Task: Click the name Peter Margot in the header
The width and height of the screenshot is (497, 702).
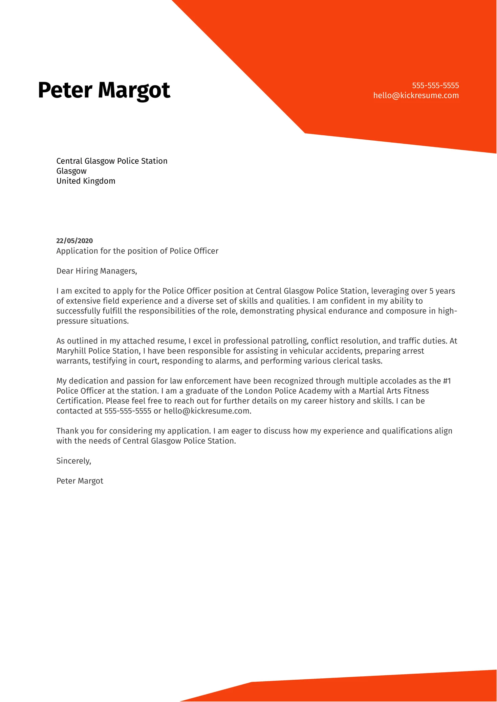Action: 104,91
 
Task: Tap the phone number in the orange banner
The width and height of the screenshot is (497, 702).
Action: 435,86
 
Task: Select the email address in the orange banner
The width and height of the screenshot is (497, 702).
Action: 416,95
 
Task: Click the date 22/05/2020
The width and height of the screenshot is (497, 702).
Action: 74,241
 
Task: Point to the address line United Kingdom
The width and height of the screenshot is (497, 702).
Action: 86,181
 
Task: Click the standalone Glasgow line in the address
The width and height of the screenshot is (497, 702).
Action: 71,171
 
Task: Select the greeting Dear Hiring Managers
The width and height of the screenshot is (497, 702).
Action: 96,271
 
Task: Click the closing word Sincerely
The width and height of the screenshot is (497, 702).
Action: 73,461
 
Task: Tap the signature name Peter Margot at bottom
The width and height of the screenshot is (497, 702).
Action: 80,481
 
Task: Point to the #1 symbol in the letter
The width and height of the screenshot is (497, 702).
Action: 447,381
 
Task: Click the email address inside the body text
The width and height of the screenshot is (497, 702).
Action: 207,411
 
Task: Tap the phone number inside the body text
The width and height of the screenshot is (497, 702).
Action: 128,411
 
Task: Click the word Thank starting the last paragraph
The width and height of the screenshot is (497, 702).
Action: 67,431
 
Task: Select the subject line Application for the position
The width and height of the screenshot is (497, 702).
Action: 137,251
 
